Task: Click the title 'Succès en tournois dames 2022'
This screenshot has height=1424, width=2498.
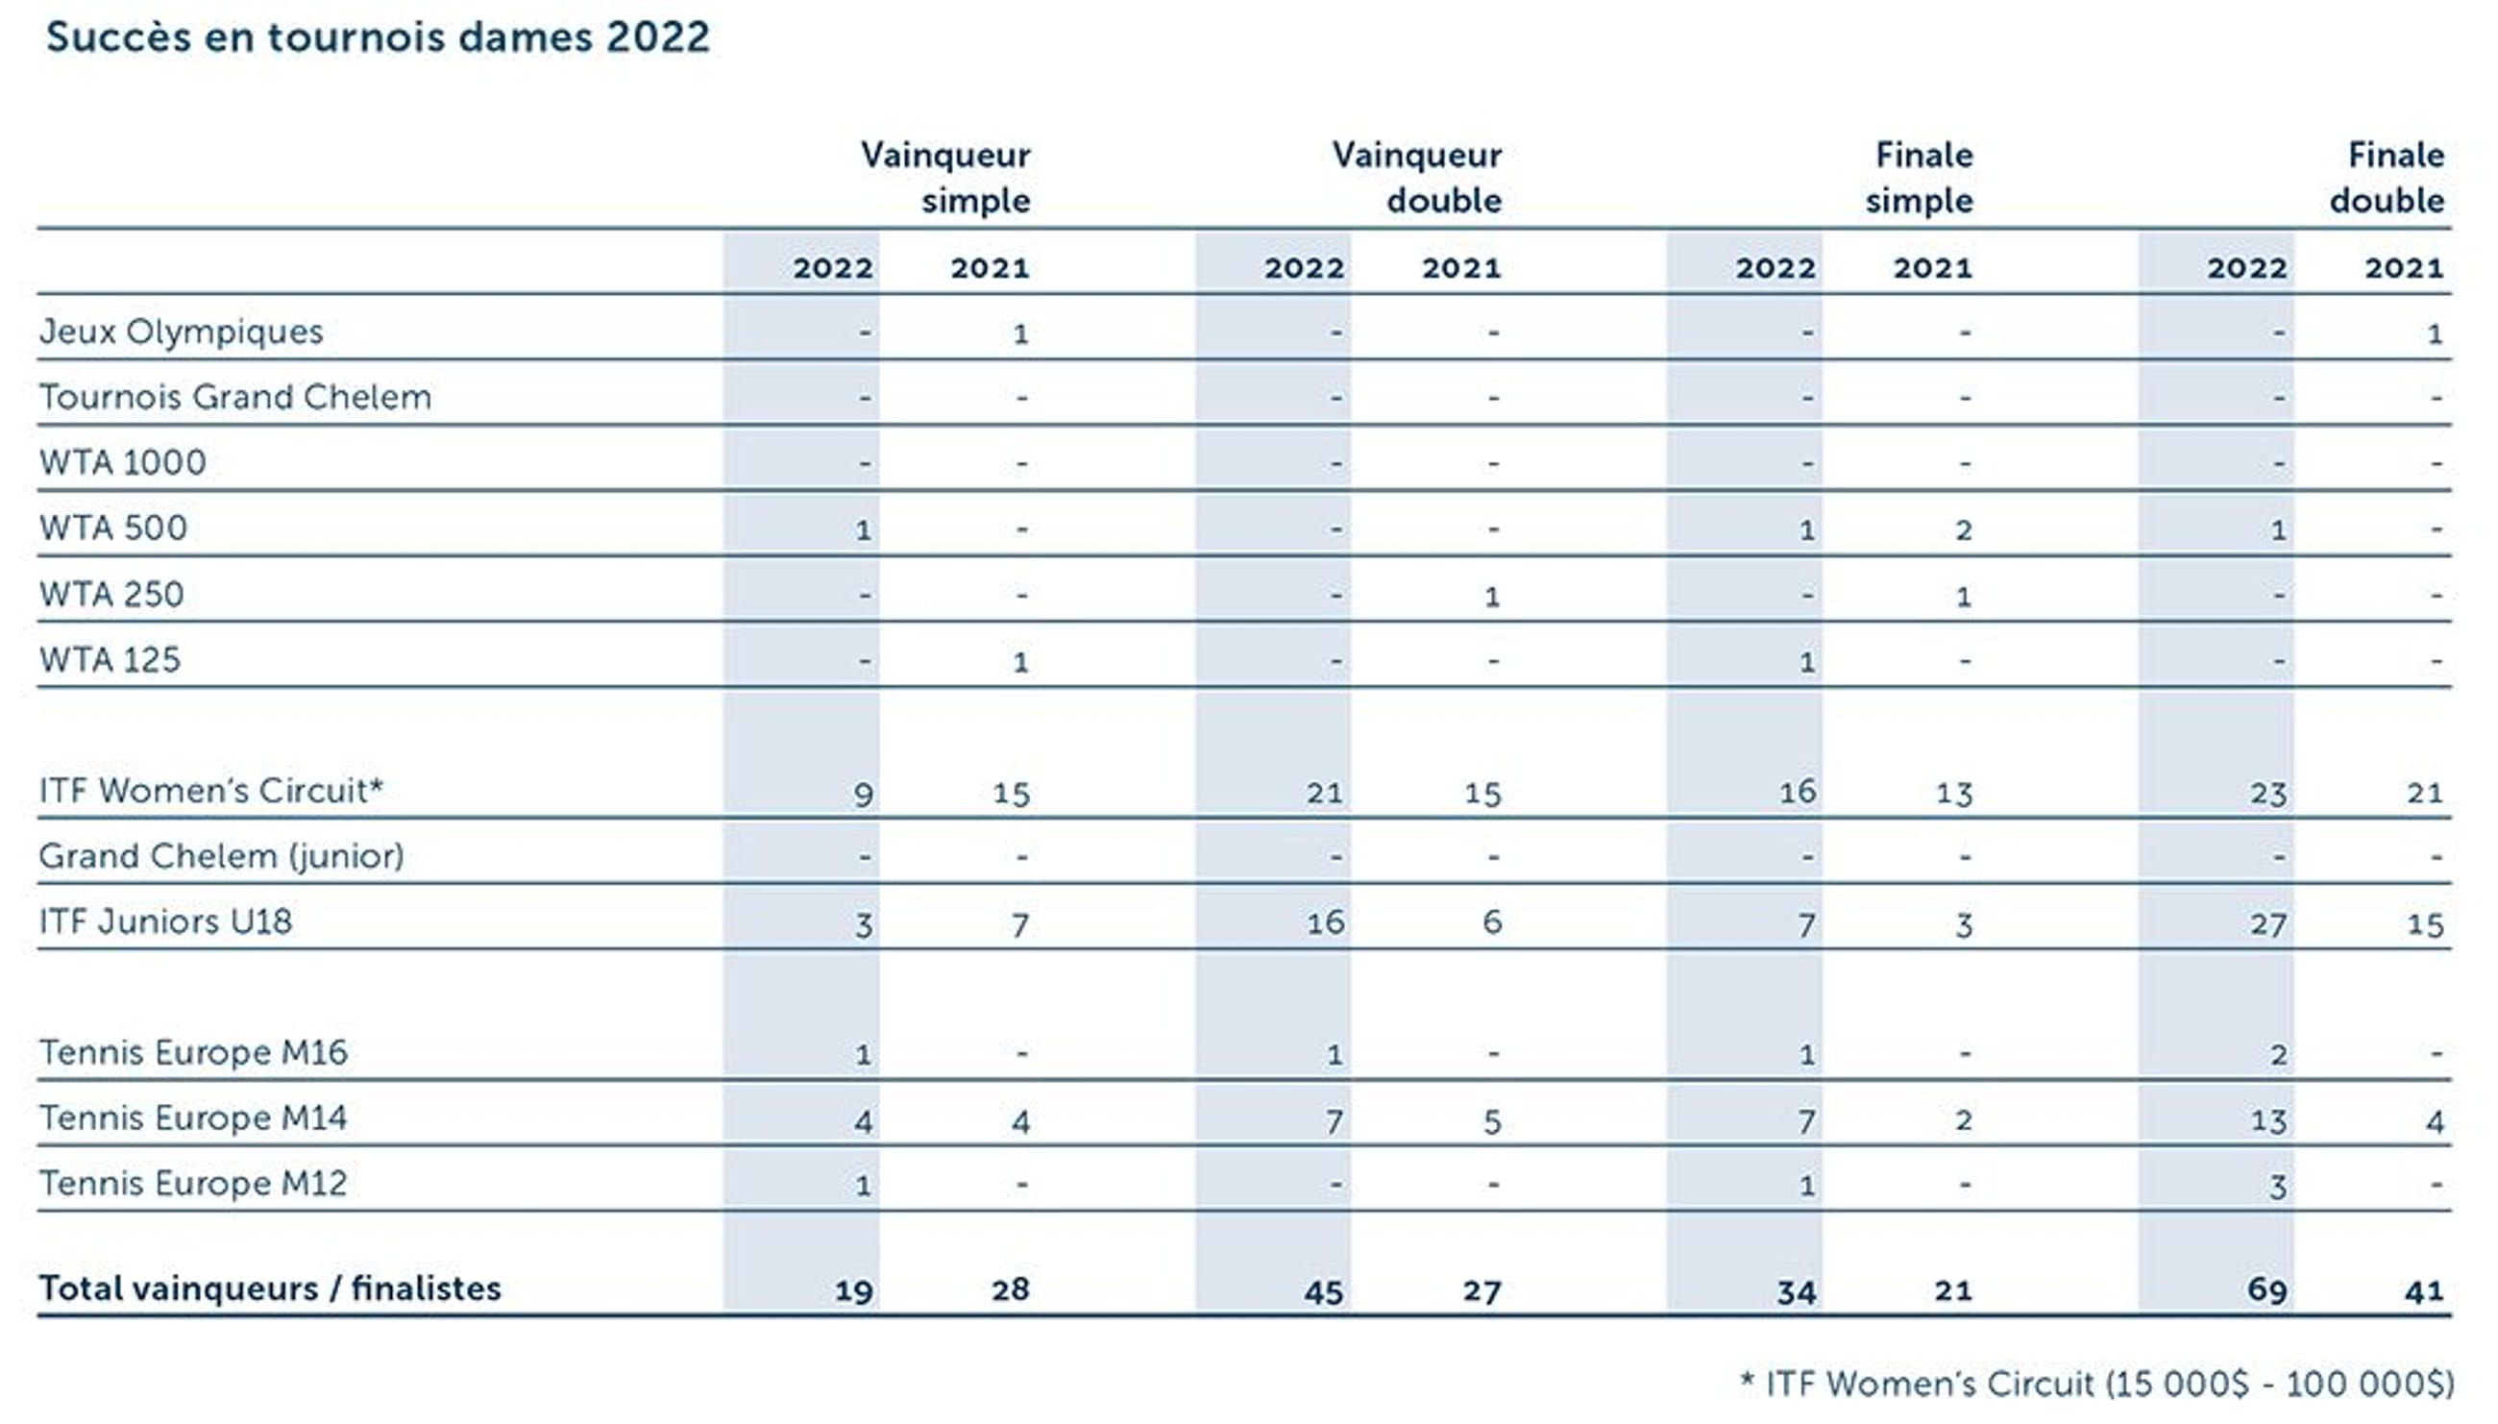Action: (x=378, y=37)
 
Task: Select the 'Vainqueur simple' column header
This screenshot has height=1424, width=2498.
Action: (x=945, y=178)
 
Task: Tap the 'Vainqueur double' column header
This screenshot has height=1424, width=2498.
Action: (x=1417, y=178)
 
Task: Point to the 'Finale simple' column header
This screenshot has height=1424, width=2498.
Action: (x=1920, y=178)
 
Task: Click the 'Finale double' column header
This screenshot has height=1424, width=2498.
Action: (x=2387, y=178)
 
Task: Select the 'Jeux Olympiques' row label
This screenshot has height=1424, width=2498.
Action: (x=181, y=331)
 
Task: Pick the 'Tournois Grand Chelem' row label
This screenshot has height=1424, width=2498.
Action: (x=234, y=397)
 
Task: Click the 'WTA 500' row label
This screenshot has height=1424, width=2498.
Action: (x=112, y=528)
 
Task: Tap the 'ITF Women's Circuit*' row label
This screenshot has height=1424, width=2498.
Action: (x=211, y=790)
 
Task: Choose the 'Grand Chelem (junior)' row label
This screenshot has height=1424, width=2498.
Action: (x=221, y=856)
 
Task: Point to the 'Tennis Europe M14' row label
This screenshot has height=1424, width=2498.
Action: (x=192, y=1117)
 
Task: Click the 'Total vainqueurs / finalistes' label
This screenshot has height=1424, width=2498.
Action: (x=270, y=1289)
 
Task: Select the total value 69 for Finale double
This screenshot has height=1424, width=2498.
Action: (x=2266, y=1290)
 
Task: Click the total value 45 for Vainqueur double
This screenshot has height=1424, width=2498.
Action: (x=1323, y=1292)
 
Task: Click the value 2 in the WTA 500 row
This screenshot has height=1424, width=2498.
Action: (x=1963, y=530)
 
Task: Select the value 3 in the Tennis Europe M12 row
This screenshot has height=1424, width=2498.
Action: (x=2277, y=1187)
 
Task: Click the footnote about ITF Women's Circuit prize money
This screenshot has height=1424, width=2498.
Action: (x=2096, y=1384)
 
